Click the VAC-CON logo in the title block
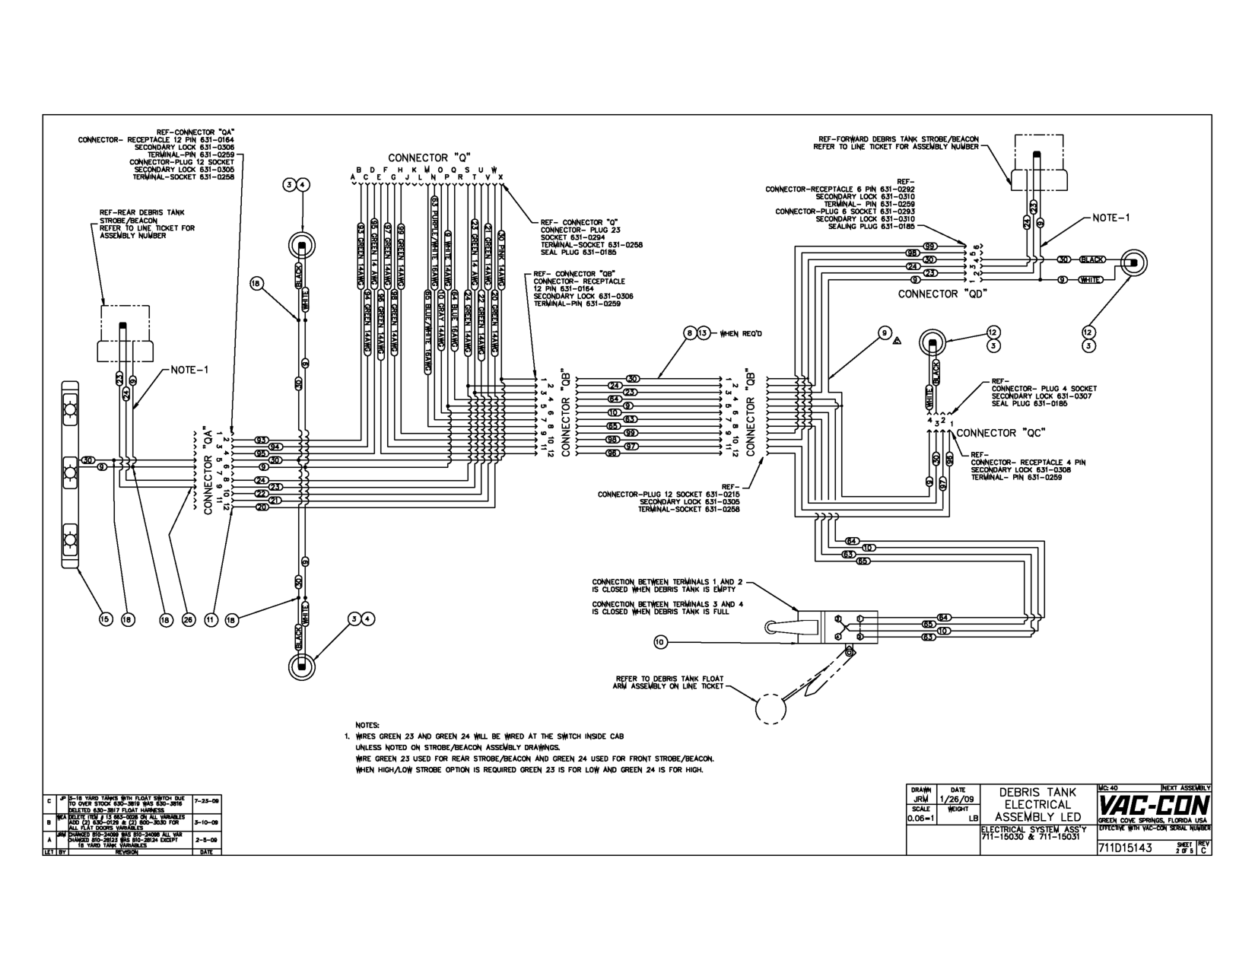1154,805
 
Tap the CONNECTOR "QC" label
996,433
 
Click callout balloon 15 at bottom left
106,620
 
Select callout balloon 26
189,620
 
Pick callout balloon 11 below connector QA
211,620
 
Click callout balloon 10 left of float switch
660,642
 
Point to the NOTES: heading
367,726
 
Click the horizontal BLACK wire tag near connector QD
1093,259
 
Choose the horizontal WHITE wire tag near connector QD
1088,280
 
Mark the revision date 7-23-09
206,801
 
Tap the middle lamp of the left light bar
69,472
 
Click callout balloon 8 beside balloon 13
689,332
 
